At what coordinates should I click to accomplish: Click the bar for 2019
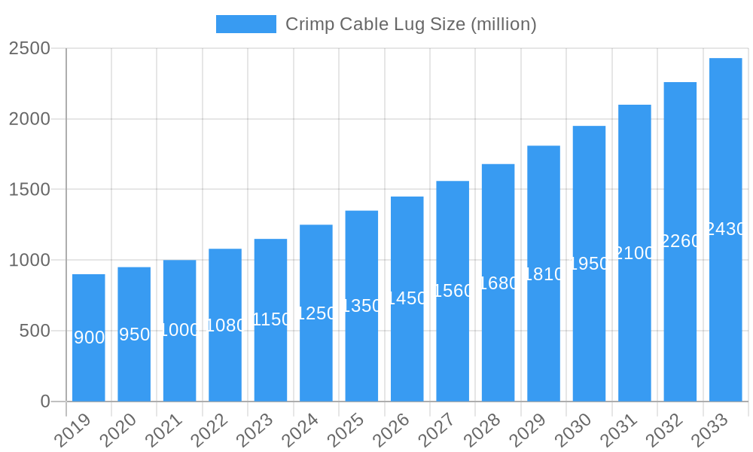click(x=89, y=337)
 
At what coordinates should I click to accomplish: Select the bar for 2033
click(x=725, y=230)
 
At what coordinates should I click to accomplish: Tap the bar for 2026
click(x=407, y=298)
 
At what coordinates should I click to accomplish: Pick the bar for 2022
click(x=225, y=325)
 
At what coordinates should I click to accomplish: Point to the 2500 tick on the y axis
click(x=29, y=48)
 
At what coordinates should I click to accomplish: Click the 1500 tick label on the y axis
click(x=29, y=189)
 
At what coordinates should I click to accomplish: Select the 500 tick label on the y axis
click(x=35, y=331)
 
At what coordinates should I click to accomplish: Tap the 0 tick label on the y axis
click(x=45, y=402)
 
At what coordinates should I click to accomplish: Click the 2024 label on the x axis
click(x=302, y=429)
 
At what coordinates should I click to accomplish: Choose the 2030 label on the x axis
click(x=575, y=429)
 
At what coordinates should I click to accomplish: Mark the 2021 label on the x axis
click(x=165, y=429)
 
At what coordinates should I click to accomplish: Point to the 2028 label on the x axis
click(x=484, y=429)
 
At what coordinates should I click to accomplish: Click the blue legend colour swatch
click(x=246, y=24)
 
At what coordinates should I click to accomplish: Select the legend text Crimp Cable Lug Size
click(x=410, y=24)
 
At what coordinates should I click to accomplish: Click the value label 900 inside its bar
click(x=89, y=337)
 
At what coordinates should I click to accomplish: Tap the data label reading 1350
click(x=361, y=306)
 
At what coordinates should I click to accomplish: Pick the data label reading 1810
click(x=544, y=274)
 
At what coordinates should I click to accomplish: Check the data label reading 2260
click(x=680, y=241)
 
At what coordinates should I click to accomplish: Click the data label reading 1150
click(x=270, y=319)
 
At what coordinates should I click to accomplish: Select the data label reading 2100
click(x=635, y=253)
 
